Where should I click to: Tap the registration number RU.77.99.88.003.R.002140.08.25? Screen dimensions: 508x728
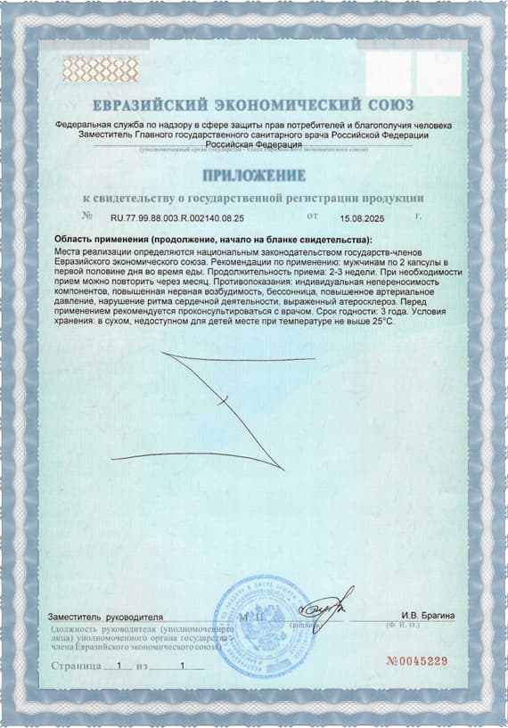click(176, 217)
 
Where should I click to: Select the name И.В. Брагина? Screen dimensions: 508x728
click(428, 616)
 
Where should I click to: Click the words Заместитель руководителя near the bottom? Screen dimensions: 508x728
click(106, 617)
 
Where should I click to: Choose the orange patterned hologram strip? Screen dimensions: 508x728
click(101, 69)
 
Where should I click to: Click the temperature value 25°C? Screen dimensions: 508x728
click(379, 321)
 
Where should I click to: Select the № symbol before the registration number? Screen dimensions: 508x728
click(87, 216)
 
